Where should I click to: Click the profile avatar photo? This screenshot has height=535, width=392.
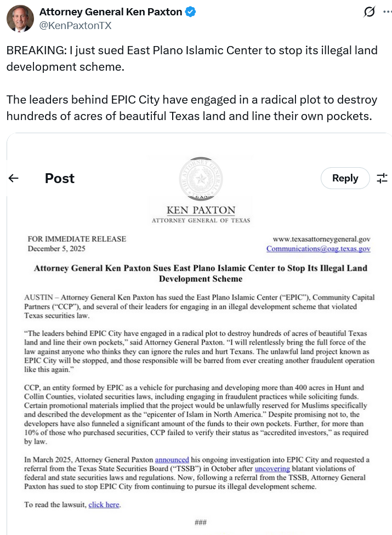pos(20,19)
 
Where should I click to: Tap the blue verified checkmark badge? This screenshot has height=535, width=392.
pos(191,12)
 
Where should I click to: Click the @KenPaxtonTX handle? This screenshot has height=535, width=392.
pos(75,25)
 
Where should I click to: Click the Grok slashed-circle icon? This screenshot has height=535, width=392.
pos(370,12)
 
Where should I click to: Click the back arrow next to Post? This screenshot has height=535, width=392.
pos(14,178)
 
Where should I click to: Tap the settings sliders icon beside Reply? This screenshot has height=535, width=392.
pos(382,178)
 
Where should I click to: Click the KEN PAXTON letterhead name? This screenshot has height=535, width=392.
pos(200,210)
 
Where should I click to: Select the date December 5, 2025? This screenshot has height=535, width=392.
pos(56,249)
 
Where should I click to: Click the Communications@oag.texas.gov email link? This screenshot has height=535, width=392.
pos(318,249)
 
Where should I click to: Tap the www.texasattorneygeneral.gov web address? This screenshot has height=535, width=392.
pos(321,239)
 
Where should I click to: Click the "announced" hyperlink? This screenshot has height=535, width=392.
pos(172,459)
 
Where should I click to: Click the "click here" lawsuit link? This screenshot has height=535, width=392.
pos(104,504)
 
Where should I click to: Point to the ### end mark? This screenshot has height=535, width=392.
pos(201,522)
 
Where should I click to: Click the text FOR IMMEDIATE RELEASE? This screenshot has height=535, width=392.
pos(77,239)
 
